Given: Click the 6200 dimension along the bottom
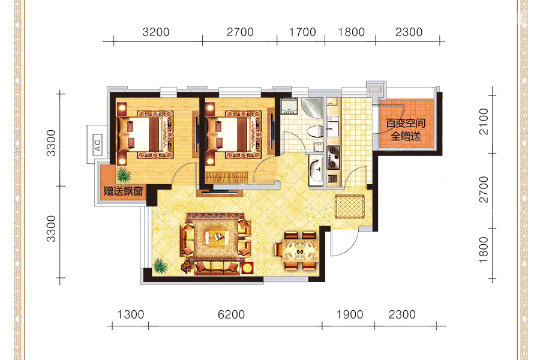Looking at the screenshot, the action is point(231,314).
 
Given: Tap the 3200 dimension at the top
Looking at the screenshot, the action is point(156,32).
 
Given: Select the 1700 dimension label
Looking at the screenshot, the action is point(302,32).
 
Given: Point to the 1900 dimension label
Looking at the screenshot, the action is point(350,314).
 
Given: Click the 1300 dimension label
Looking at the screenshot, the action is point(131,314).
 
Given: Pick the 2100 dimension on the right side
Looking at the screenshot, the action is point(484,122).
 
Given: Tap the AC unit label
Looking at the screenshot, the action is point(97,143).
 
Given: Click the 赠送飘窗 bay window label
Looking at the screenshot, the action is point(123,191).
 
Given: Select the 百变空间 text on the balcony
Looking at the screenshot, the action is point(406,123).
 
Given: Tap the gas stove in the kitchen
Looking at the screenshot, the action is point(333,158).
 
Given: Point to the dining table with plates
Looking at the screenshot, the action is point(299,250).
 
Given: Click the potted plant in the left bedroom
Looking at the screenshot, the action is point(124,175).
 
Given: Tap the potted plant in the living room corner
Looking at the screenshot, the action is point(160,266).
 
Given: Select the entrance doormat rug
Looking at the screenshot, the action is point(350,206).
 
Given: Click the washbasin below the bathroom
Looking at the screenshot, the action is point(316,170).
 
